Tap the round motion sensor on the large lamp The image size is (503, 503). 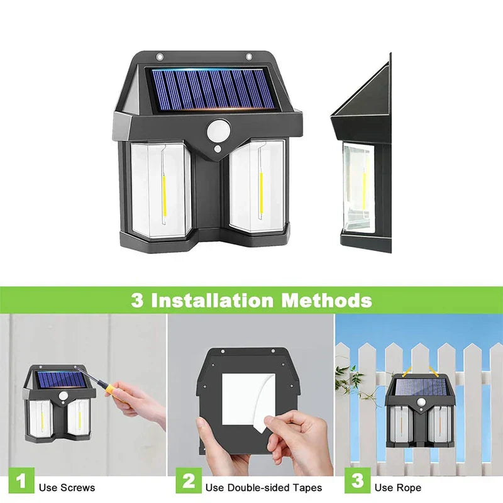218,131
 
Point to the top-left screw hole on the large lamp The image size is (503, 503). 160,57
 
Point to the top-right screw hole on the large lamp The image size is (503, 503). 249,57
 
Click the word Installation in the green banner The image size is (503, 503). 213,301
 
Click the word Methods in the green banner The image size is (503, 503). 326,301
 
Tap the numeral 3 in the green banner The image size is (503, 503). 137,301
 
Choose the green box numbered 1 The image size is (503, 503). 21,480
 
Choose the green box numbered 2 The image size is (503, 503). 189,480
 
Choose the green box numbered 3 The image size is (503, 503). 358,480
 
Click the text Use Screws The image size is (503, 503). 67,488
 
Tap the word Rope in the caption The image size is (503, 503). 411,488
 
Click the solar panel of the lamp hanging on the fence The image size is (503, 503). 421,387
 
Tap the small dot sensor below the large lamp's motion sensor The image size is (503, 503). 218,149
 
